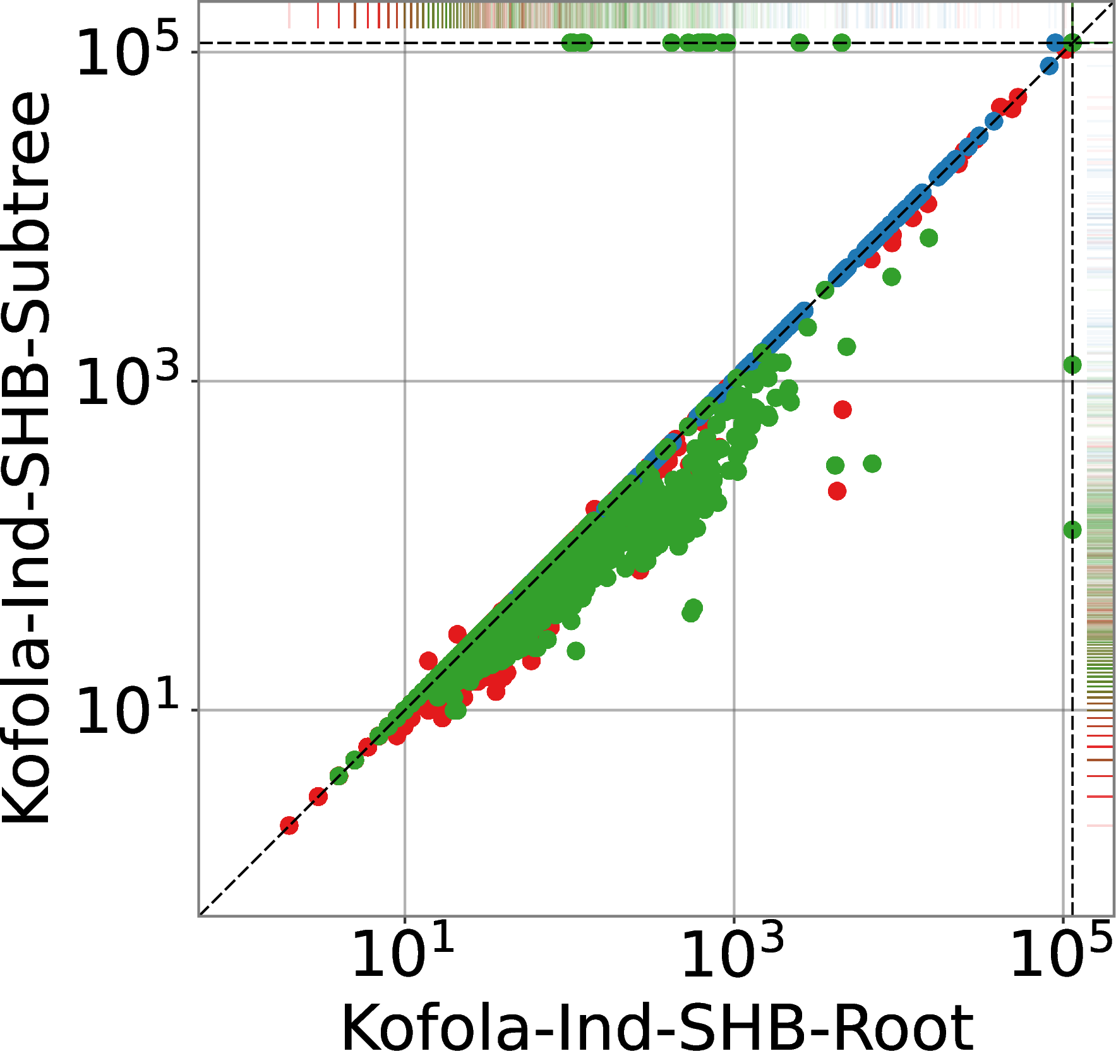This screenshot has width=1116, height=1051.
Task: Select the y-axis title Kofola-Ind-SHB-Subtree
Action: (27, 458)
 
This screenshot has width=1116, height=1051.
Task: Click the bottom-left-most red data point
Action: (289, 825)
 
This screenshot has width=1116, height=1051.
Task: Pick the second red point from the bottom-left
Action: (318, 797)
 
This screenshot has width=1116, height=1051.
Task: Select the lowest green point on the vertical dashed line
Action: (1072, 530)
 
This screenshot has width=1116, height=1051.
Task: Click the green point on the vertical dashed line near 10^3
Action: (1072, 364)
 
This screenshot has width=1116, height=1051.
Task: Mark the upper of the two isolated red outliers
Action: (842, 410)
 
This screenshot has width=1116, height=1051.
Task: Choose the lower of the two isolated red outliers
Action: (837, 490)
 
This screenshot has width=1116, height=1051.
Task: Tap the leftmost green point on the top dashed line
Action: (570, 43)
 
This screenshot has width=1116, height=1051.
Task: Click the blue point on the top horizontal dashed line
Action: (1055, 43)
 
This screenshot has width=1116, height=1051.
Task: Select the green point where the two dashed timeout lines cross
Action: (1072, 43)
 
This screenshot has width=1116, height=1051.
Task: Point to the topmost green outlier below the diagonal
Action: (928, 238)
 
